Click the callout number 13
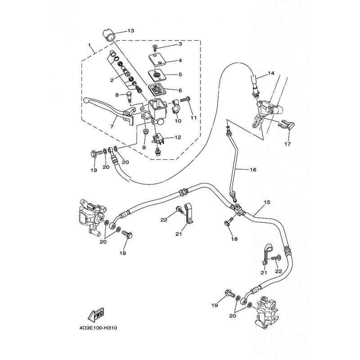click(130, 31)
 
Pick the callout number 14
click(271, 73)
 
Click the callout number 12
click(178, 138)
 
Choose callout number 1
click(90, 45)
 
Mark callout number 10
click(178, 121)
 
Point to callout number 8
click(117, 95)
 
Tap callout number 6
click(180, 90)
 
